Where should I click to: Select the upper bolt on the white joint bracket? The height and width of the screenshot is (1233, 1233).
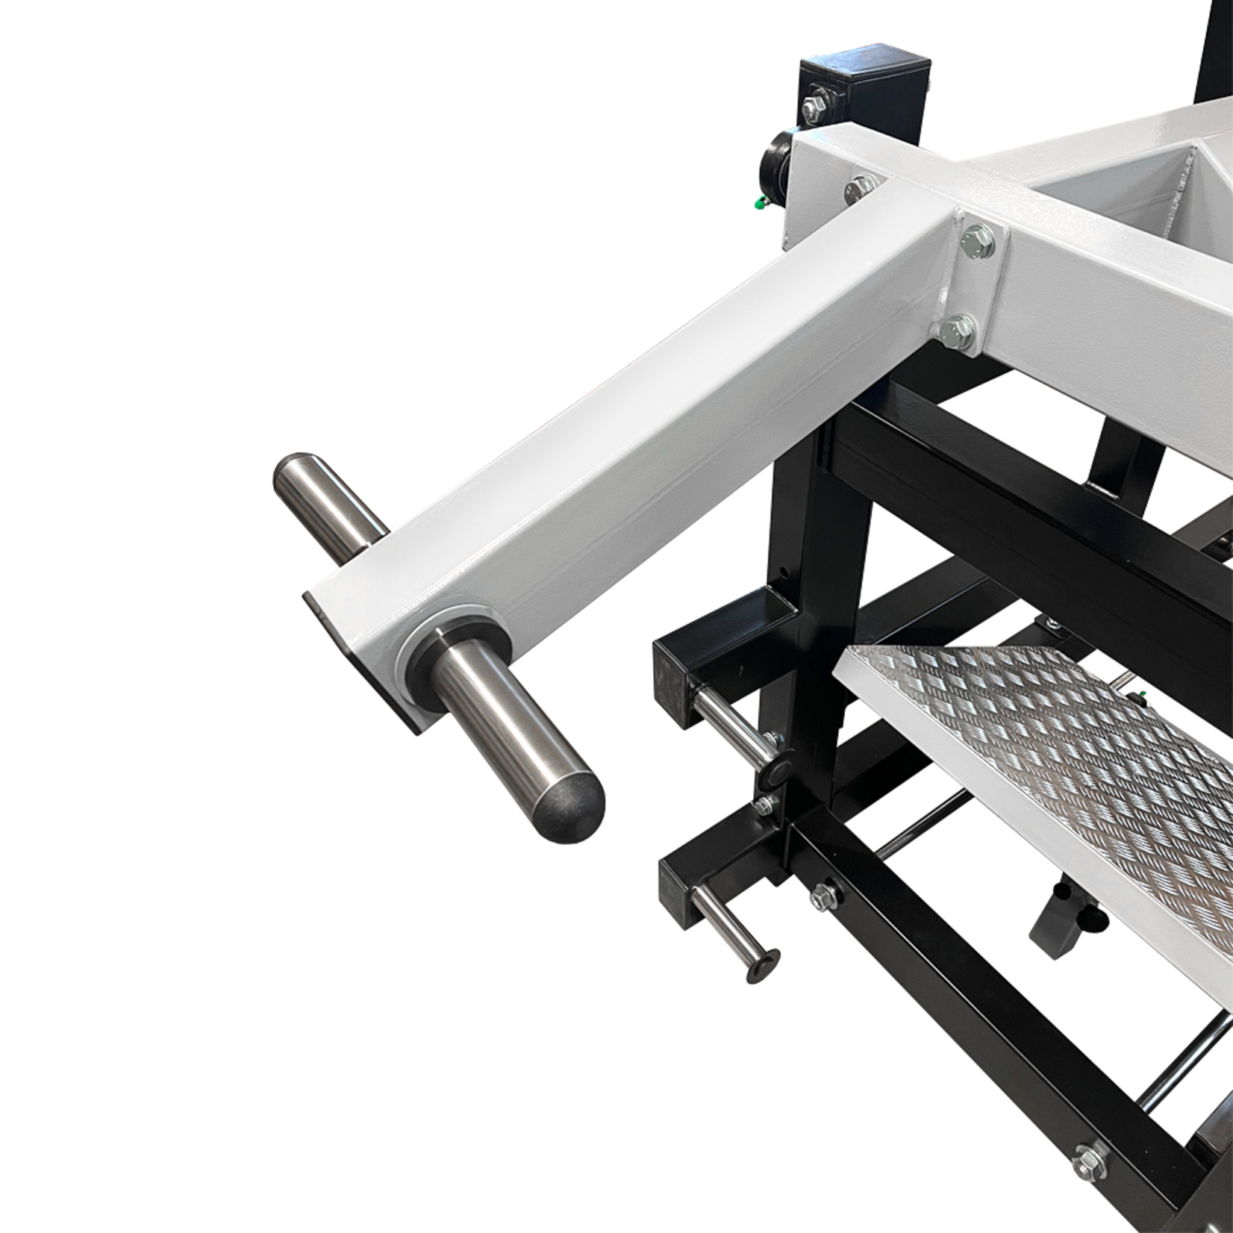tap(976, 241)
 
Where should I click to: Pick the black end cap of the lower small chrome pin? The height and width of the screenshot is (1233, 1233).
tap(760, 958)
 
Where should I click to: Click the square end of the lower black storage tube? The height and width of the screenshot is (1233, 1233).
tap(675, 884)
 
